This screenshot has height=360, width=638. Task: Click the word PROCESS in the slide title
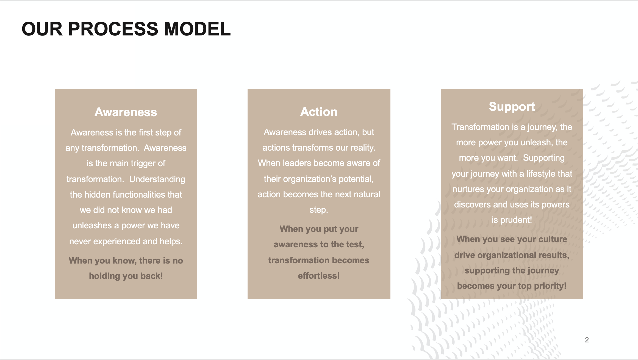[x=113, y=29]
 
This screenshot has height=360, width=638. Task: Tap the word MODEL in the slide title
[x=197, y=29]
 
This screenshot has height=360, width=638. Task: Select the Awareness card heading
[x=126, y=112]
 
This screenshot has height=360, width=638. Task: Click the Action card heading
[x=319, y=112]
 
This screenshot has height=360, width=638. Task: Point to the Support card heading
[x=512, y=107]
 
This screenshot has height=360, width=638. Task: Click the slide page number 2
[x=587, y=340]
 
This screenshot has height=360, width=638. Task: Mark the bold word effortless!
[x=319, y=276]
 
